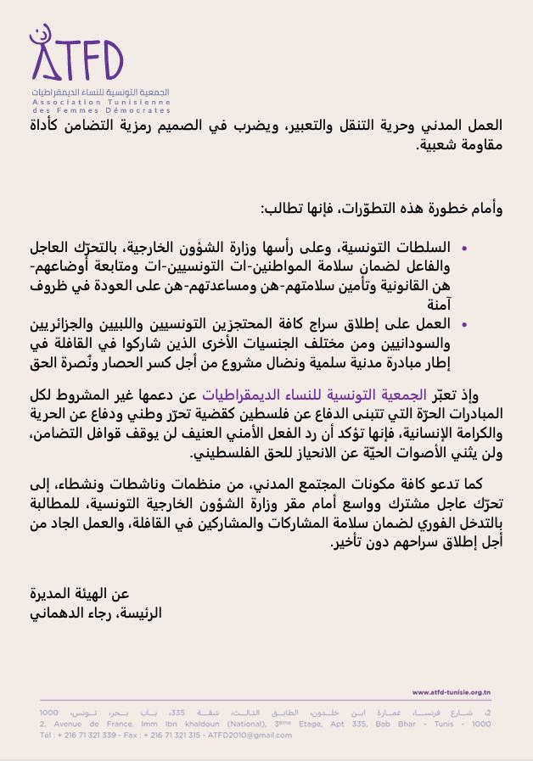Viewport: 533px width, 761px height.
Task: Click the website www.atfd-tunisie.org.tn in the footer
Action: (451, 692)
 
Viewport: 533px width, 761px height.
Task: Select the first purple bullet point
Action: (464, 249)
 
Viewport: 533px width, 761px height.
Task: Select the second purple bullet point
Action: (464, 325)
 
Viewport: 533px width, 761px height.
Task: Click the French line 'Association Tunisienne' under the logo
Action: (100, 101)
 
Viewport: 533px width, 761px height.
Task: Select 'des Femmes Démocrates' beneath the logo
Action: (100, 110)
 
